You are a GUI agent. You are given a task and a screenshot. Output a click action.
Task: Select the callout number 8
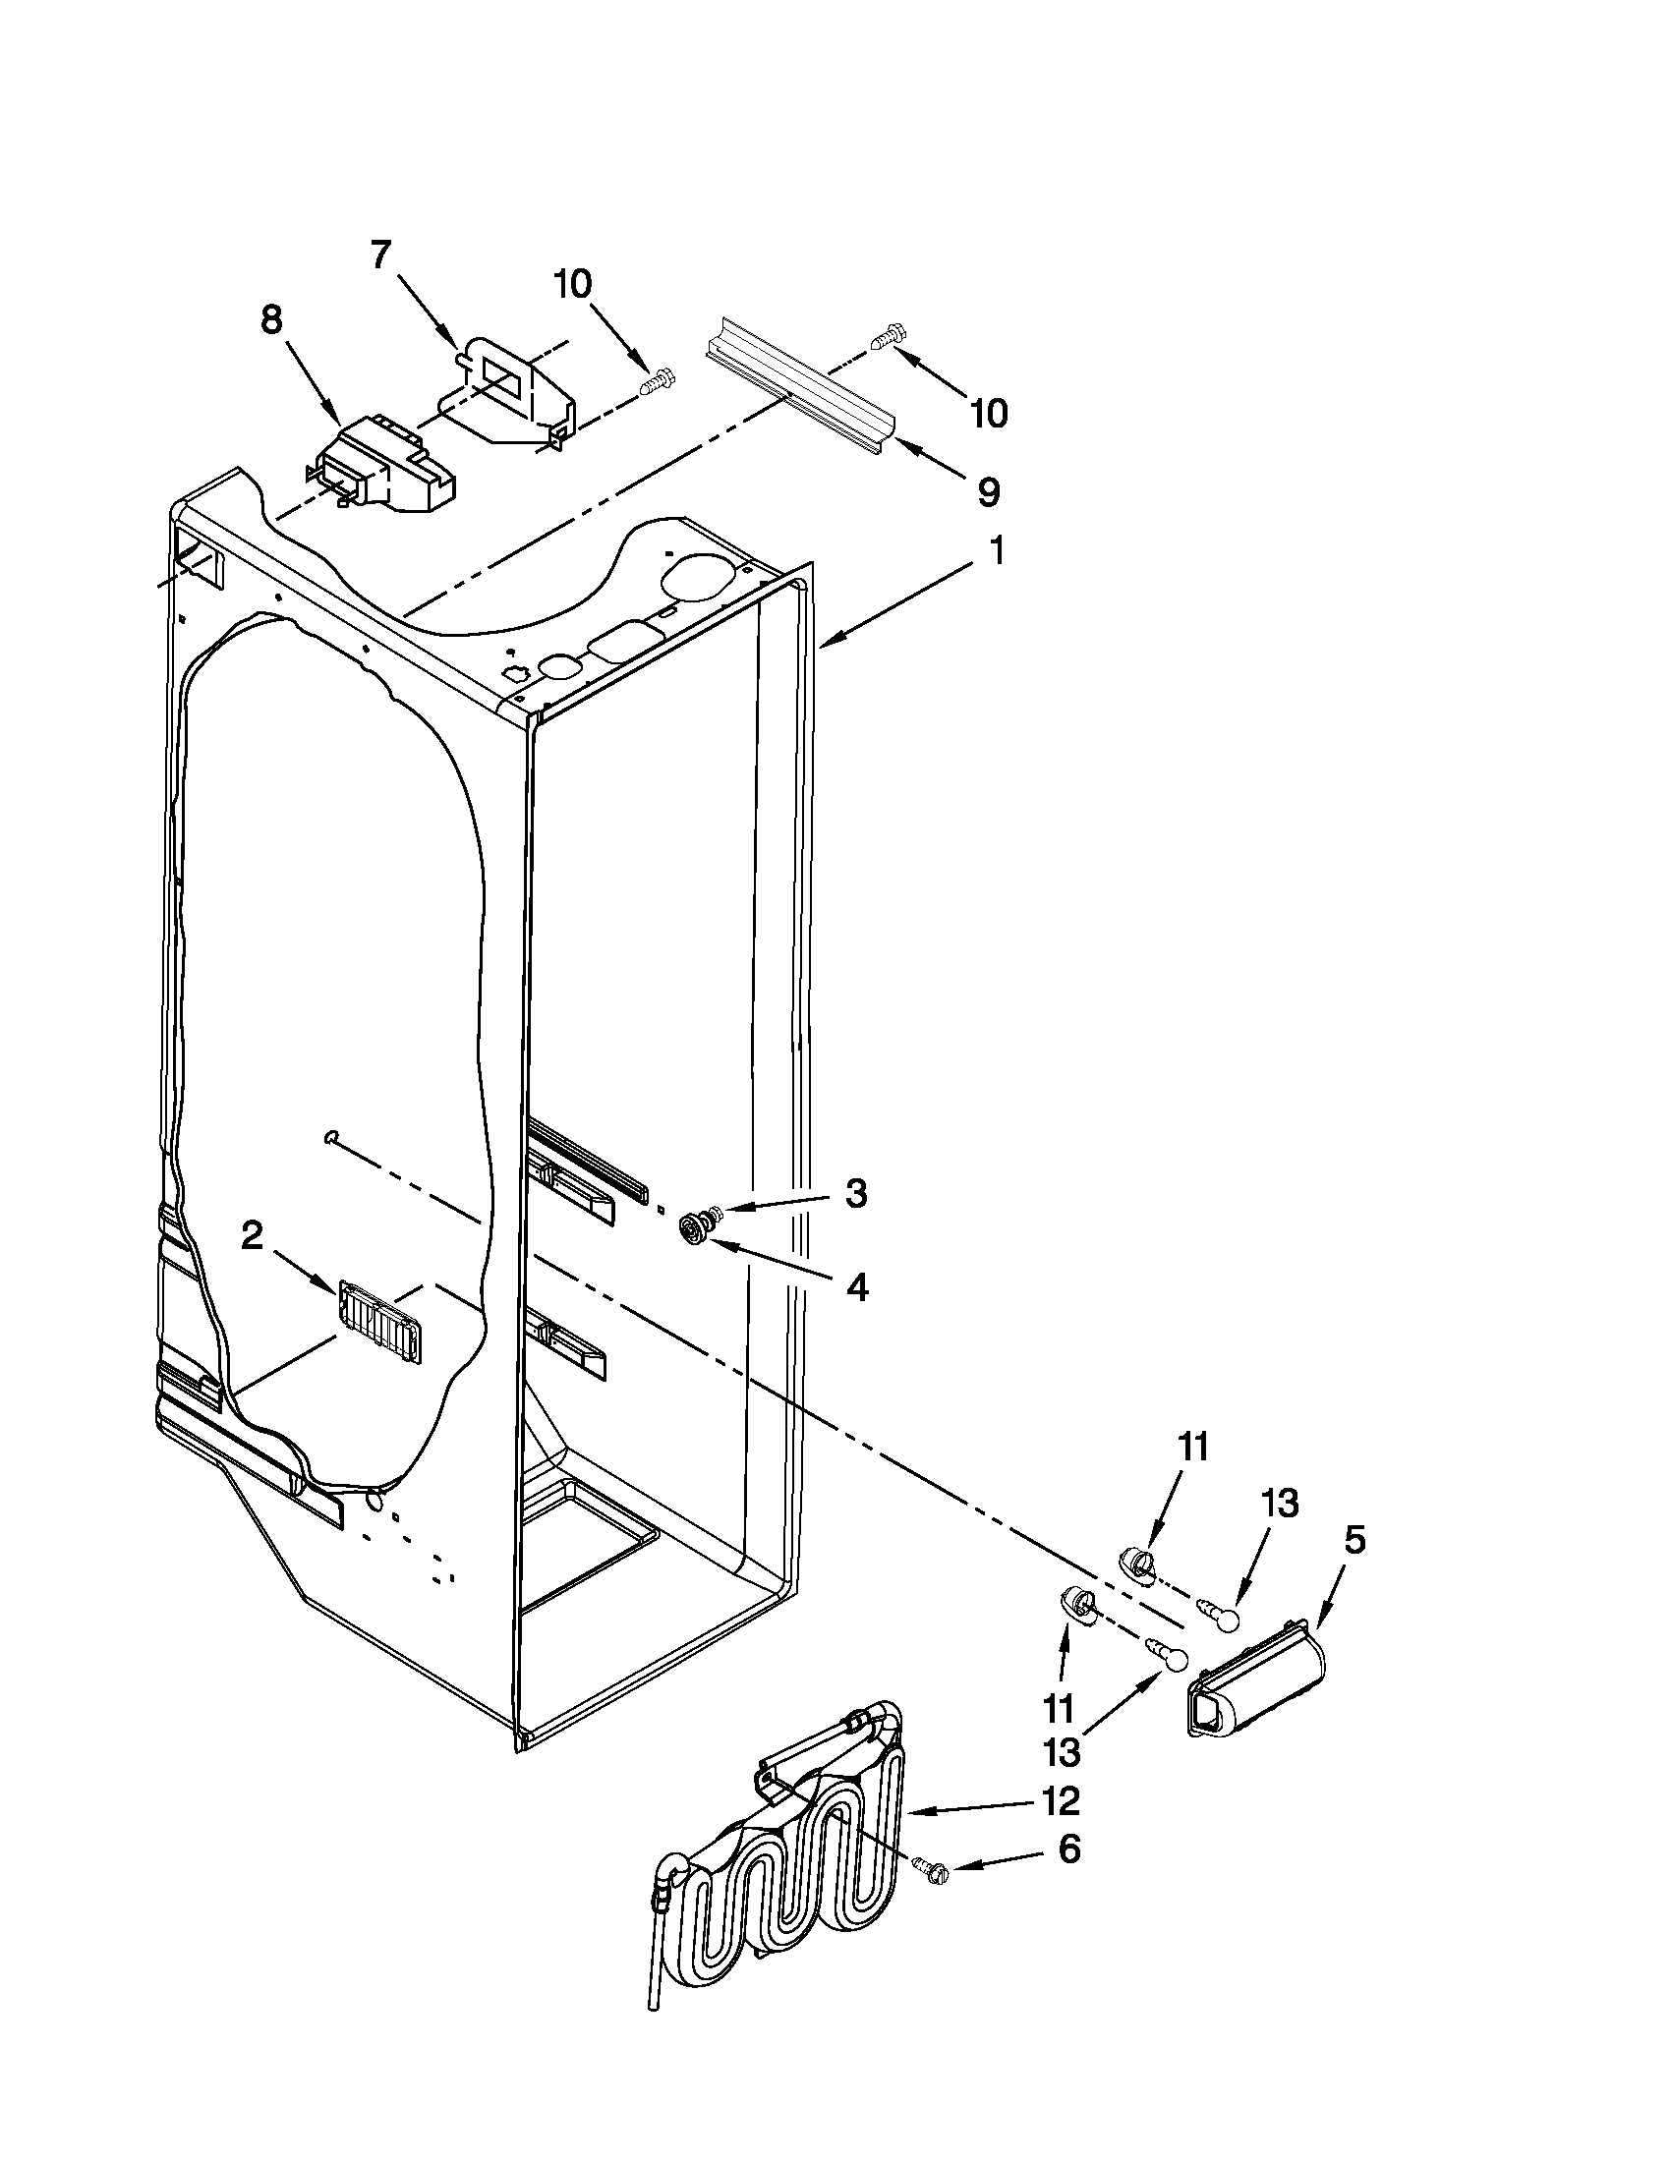pyautogui.click(x=271, y=320)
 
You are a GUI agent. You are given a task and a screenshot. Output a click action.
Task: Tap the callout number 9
pyautogui.click(x=988, y=492)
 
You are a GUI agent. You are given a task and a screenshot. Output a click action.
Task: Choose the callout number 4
pyautogui.click(x=857, y=1287)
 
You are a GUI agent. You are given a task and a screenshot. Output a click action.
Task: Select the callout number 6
pyautogui.click(x=1069, y=1849)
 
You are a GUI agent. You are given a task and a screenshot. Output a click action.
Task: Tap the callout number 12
pyautogui.click(x=1060, y=1801)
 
